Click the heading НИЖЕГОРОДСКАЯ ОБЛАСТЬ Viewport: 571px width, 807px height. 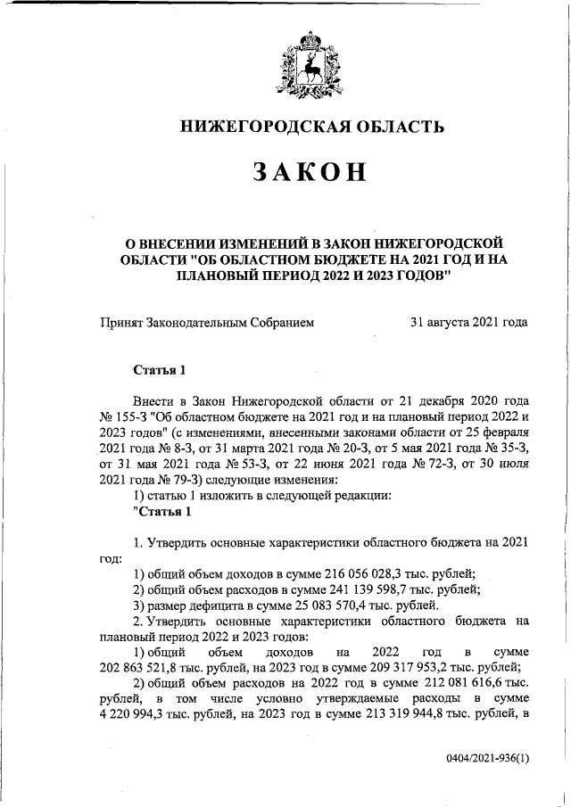(312, 126)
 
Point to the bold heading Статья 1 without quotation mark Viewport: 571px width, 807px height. (159, 369)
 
